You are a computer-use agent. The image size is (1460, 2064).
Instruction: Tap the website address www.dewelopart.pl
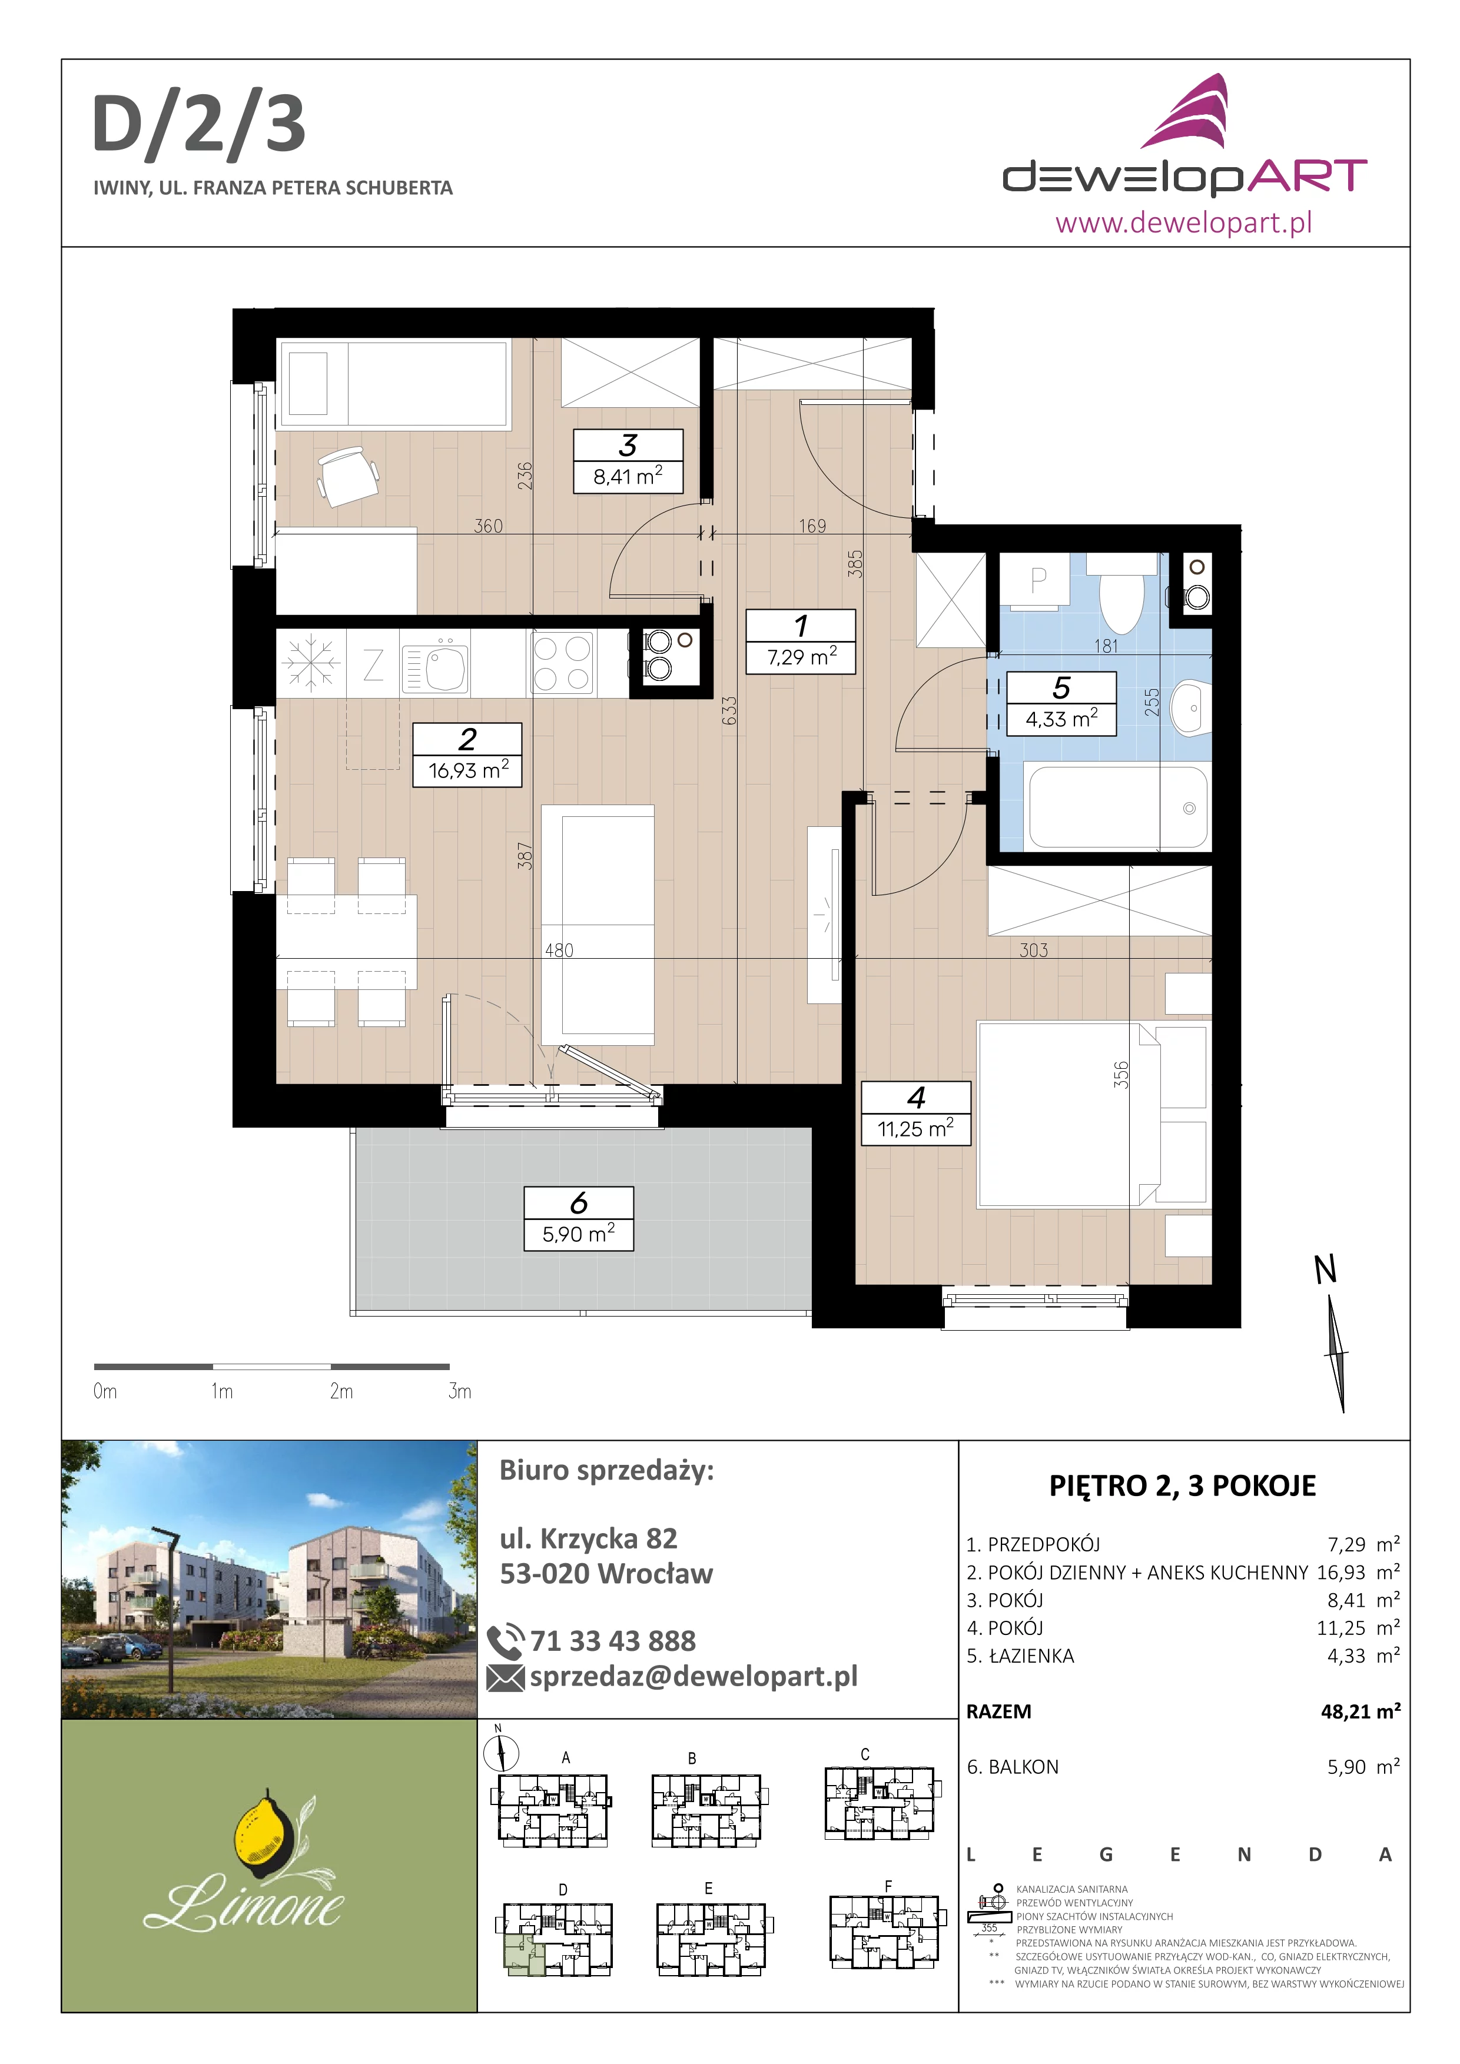click(1183, 222)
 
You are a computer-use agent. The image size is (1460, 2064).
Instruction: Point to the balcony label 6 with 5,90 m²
click(579, 1219)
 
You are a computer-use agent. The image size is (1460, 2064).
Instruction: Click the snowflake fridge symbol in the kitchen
click(310, 663)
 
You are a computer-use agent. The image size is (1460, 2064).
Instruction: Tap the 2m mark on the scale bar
click(341, 1391)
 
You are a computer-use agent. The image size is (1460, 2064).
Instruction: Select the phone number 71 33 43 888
click(613, 1641)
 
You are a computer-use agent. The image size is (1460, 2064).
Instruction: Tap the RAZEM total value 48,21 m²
click(1360, 1711)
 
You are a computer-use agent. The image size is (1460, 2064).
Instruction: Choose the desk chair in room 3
click(348, 477)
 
